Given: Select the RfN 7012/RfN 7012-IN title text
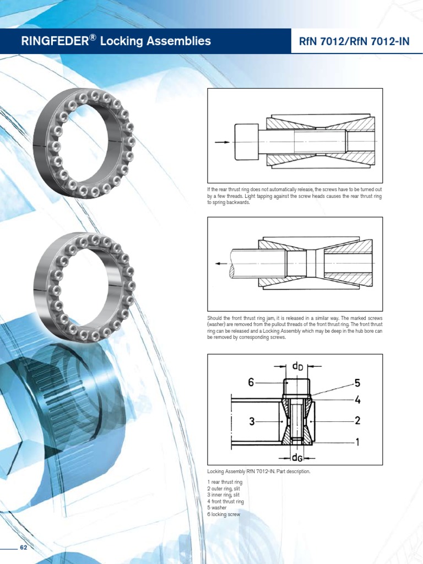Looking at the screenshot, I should tap(351, 41).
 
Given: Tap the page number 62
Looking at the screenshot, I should tap(23, 547).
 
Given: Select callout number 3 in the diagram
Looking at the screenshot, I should tap(252, 422).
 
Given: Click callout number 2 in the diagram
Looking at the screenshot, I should tap(357, 421).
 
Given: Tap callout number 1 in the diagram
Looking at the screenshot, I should tap(357, 441).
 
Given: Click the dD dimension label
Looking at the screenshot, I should tap(297, 365).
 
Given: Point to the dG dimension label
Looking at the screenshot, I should tap(297, 457).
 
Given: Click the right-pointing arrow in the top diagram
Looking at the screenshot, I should tap(222, 142).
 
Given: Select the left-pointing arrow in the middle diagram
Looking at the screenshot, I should tap(221, 264).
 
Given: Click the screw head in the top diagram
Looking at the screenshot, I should tap(246, 142).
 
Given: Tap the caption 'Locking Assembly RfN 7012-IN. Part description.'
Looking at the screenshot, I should tap(259, 472).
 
